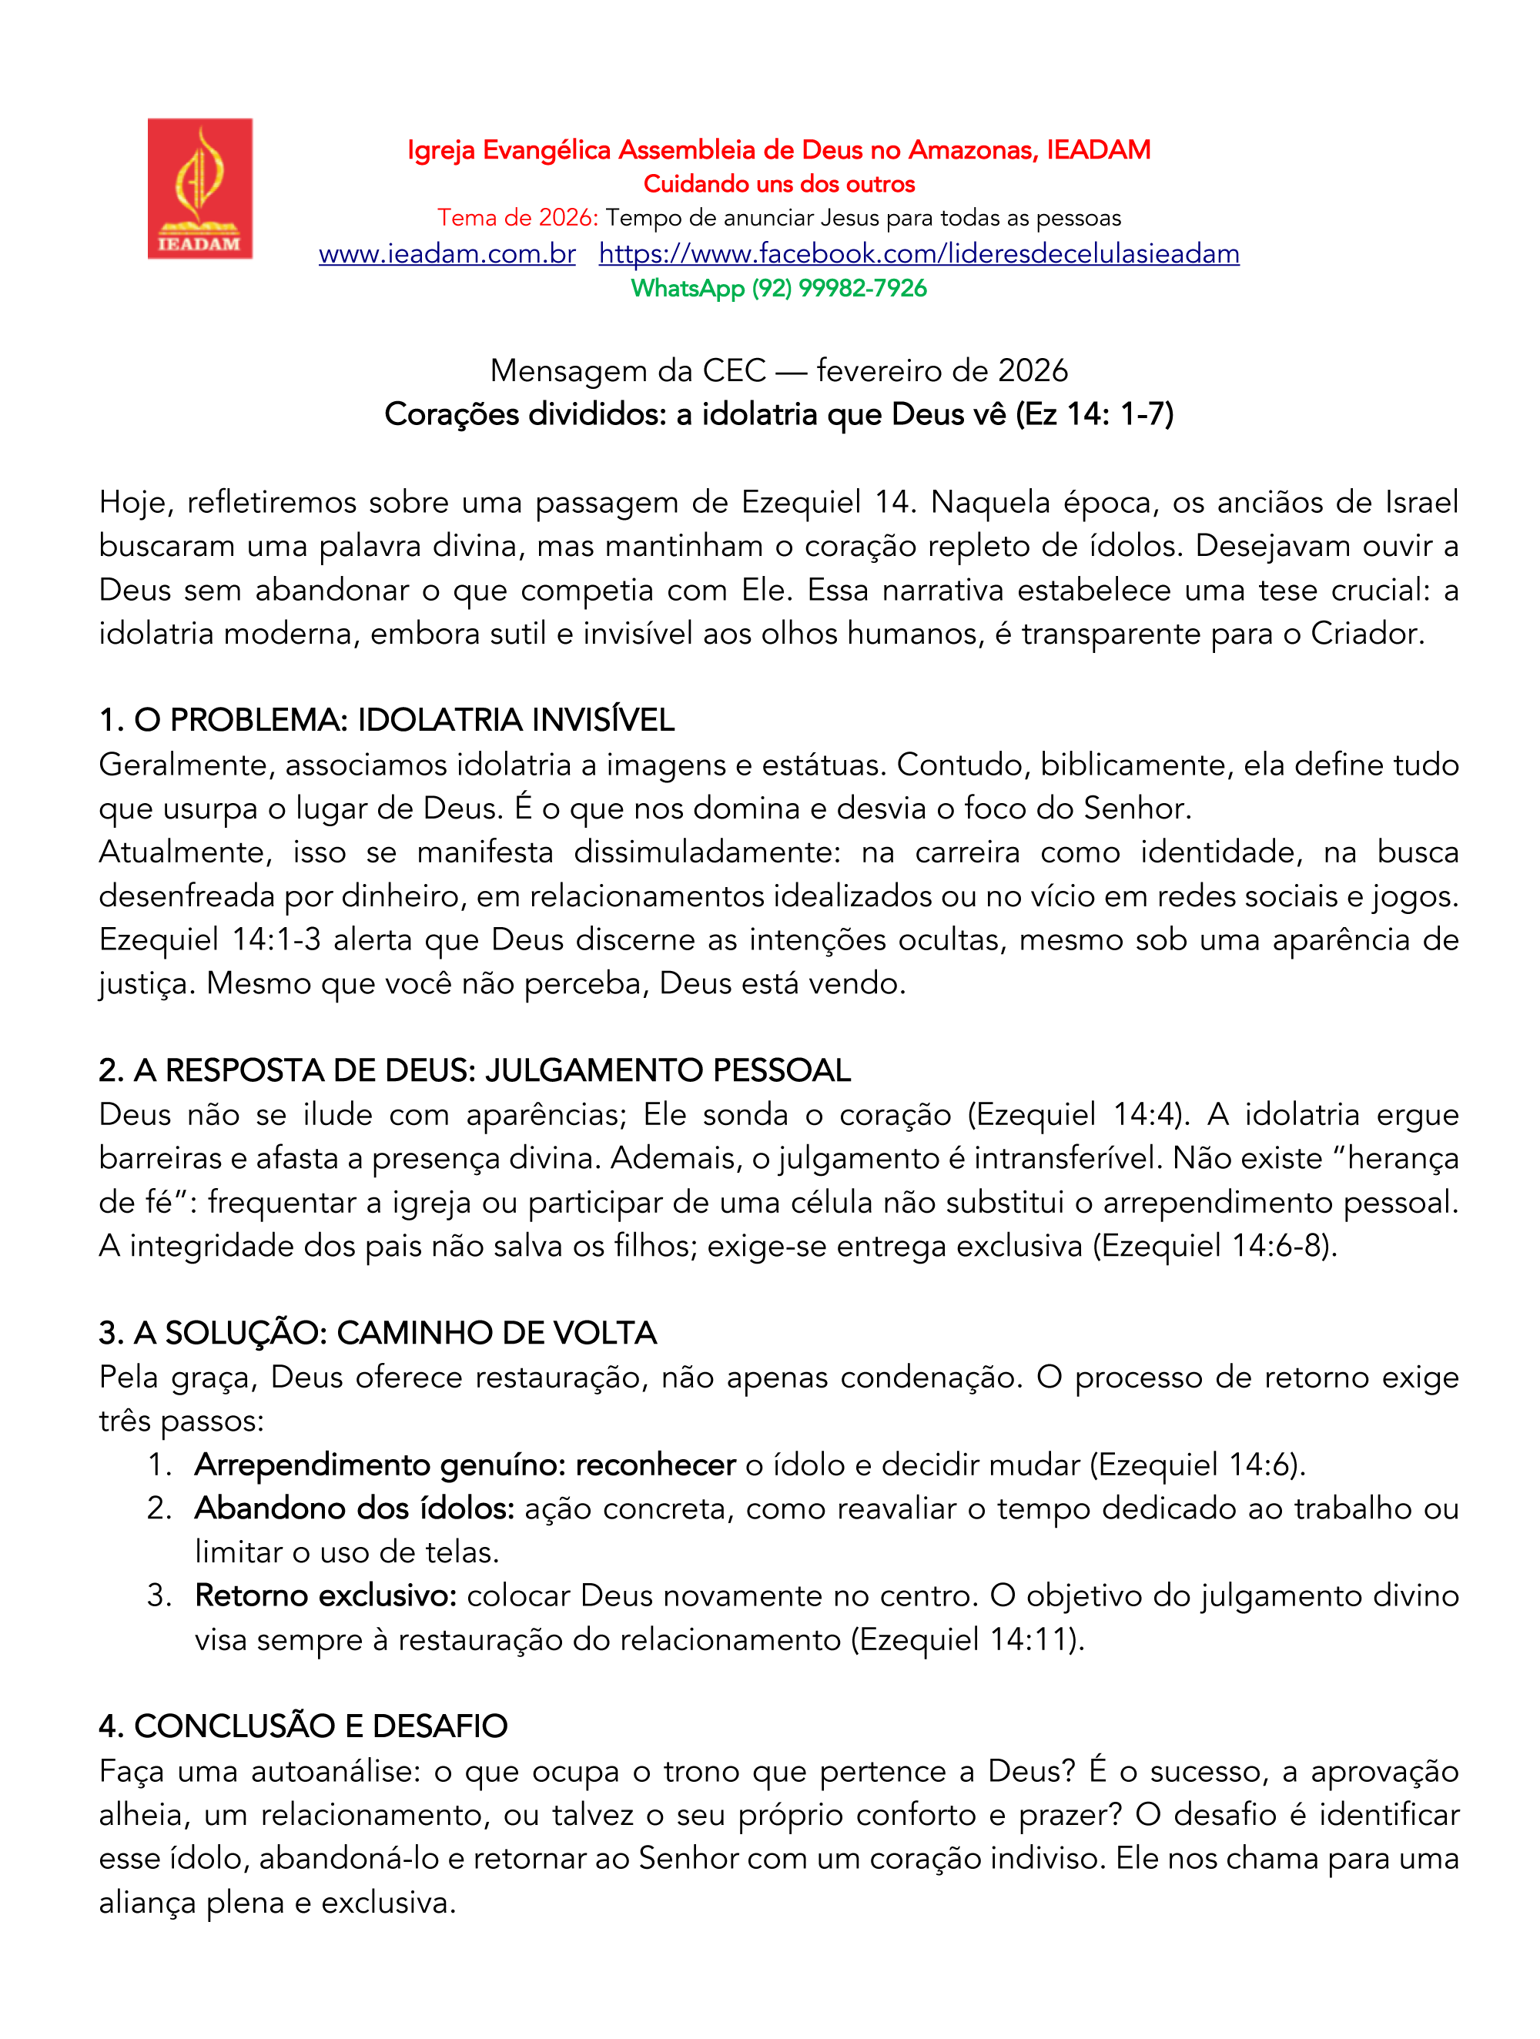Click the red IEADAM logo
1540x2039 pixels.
[x=200, y=188]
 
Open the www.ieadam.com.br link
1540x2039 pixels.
[x=447, y=253]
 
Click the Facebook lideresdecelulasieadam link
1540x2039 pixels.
[x=918, y=253]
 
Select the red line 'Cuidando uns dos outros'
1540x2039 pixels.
[x=778, y=184]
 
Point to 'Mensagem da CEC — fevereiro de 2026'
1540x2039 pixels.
[x=778, y=370]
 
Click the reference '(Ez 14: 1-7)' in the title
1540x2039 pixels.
[x=1094, y=415]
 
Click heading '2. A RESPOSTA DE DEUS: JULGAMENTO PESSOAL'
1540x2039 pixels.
[x=474, y=1070]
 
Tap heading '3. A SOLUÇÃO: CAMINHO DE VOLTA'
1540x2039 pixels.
[x=378, y=1333]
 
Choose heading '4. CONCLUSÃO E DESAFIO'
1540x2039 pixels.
[x=303, y=1726]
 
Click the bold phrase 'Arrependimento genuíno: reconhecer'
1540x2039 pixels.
[x=464, y=1465]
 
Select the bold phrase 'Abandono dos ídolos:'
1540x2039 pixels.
[x=355, y=1508]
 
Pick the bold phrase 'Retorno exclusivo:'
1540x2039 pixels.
[x=326, y=1595]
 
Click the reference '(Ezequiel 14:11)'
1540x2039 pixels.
[x=964, y=1640]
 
